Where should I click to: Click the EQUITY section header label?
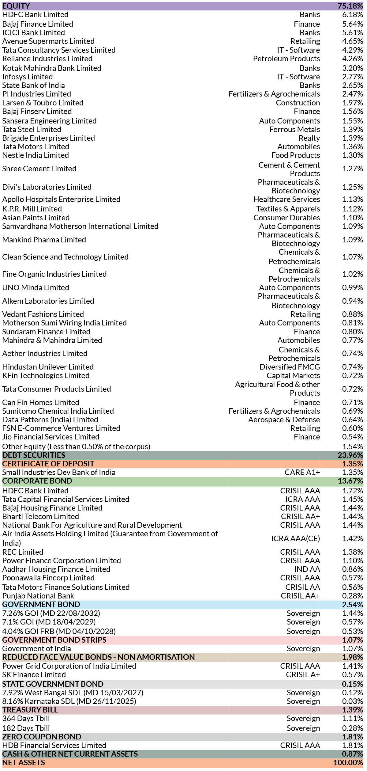click(x=16, y=6)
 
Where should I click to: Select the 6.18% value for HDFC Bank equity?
click(x=352, y=15)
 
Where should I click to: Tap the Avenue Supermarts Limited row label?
click(x=48, y=41)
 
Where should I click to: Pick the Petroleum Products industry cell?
click(x=286, y=59)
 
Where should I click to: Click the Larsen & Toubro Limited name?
click(x=43, y=103)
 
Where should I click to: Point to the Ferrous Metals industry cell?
click(x=294, y=130)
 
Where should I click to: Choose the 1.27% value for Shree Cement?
click(x=352, y=169)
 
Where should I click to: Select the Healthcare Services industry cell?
click(x=286, y=199)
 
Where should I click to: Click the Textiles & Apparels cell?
click(x=288, y=209)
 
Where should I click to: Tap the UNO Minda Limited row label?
click(x=36, y=288)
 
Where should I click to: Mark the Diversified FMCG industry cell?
click(x=290, y=367)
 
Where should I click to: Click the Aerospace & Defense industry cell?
click(x=284, y=420)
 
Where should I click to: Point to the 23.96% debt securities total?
click(x=350, y=455)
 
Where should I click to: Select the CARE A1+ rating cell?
click(x=302, y=473)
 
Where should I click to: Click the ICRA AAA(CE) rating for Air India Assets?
click(x=295, y=538)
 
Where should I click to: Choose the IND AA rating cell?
click(x=307, y=569)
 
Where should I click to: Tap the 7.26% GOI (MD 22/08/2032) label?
click(x=51, y=613)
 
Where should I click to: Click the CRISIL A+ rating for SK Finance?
click(x=303, y=675)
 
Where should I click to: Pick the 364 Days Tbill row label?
click(x=26, y=719)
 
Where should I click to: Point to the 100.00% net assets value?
click(x=348, y=763)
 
